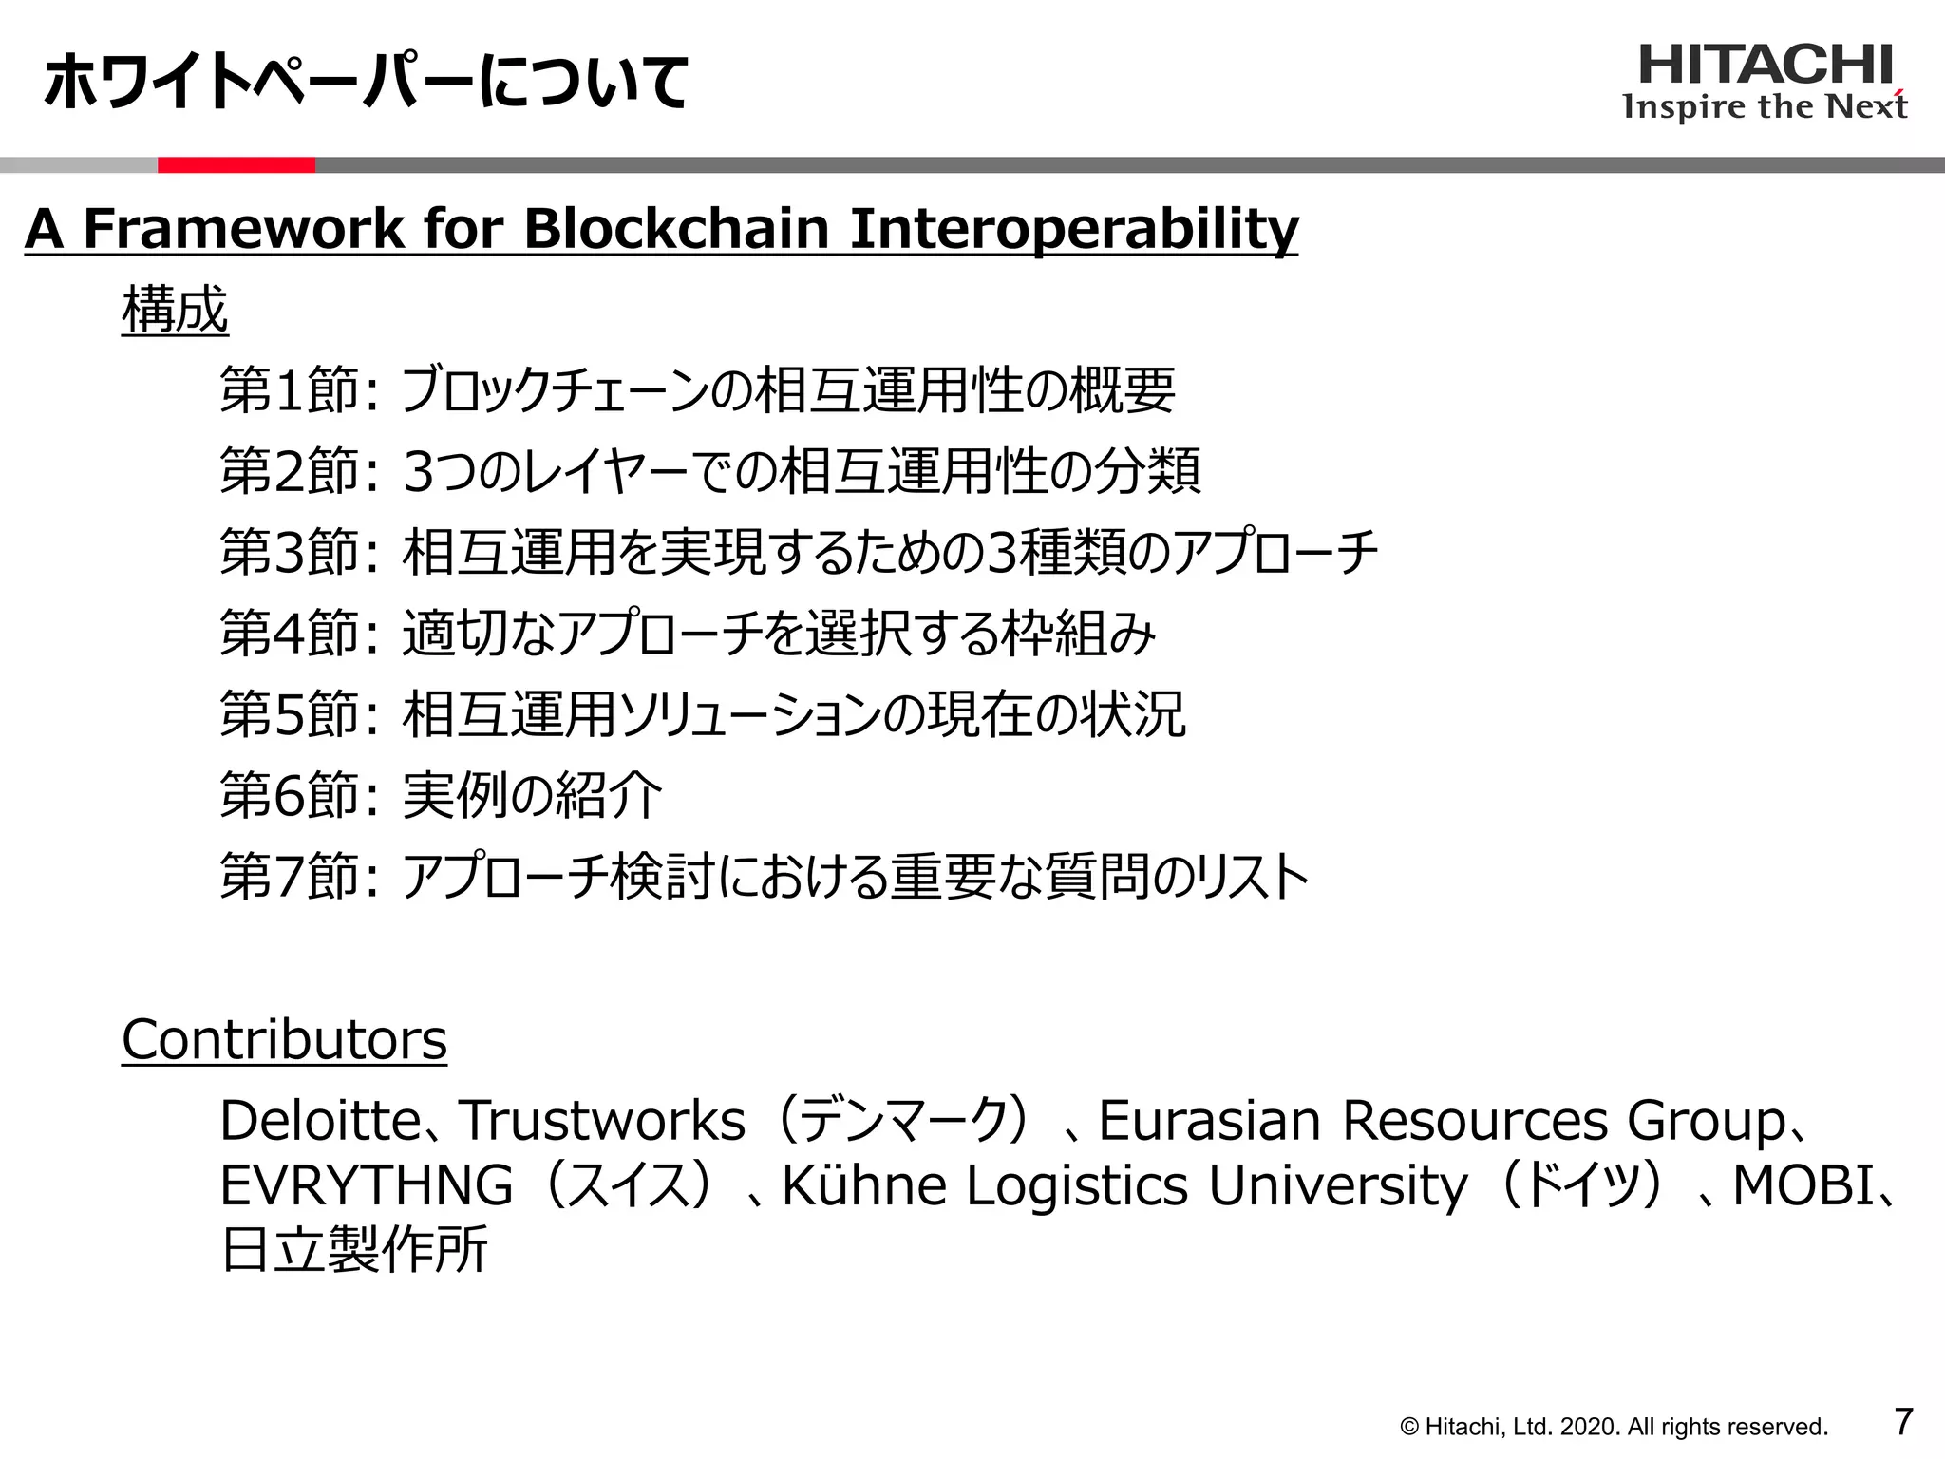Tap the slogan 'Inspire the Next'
pos(1765,106)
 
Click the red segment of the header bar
pos(236,165)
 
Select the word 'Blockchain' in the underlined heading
pos(676,229)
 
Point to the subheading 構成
pos(175,310)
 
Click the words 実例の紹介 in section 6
pos(532,795)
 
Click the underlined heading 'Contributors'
pos(284,1039)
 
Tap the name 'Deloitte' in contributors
pos(319,1121)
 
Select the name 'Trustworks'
pos(602,1121)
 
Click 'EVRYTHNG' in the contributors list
pos(366,1185)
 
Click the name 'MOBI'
pos(1803,1185)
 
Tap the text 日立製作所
pos(354,1249)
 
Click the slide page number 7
pos(1903,1422)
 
